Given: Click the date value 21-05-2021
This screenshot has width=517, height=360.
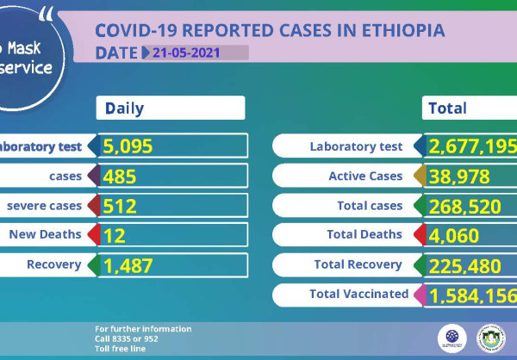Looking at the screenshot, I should click(186, 53).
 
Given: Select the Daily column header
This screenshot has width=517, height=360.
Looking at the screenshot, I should click(125, 109).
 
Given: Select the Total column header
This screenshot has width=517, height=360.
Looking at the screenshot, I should click(447, 109).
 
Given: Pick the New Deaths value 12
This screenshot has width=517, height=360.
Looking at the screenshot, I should click(114, 234).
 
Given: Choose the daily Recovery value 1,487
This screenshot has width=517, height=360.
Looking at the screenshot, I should click(128, 265).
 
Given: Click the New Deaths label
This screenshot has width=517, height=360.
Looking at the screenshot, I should click(45, 234).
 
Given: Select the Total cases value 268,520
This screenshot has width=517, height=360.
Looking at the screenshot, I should click(465, 207).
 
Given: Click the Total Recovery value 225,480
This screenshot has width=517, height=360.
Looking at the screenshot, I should click(465, 266).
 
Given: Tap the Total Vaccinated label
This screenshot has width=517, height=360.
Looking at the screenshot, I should click(358, 295).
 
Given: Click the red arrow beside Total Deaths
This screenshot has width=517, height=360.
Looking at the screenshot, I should click(420, 235).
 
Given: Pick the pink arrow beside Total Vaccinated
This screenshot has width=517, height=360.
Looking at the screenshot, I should click(420, 295).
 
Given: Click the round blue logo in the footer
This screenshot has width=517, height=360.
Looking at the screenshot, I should click(452, 338).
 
